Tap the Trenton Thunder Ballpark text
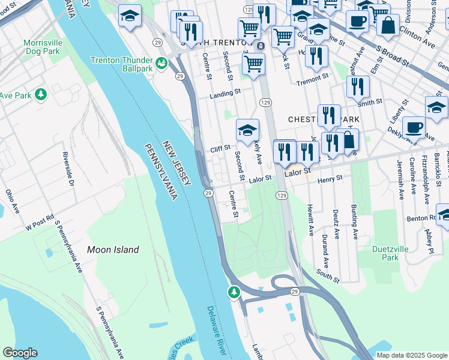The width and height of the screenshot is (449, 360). [x=122, y=64]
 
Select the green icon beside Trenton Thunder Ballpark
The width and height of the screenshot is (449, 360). [x=161, y=63]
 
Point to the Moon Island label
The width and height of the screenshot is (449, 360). [x=113, y=250]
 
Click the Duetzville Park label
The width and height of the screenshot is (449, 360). [x=381, y=253]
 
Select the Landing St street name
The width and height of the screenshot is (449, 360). [x=224, y=93]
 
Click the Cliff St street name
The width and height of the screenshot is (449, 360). [x=220, y=148]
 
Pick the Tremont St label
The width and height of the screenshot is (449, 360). [x=316, y=77]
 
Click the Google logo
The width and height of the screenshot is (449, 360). [x=20, y=353]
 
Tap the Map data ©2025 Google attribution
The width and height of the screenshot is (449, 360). [x=411, y=355]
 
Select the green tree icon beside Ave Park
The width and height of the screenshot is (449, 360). [x=41, y=95]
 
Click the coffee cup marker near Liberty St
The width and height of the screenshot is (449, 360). [x=414, y=127]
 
